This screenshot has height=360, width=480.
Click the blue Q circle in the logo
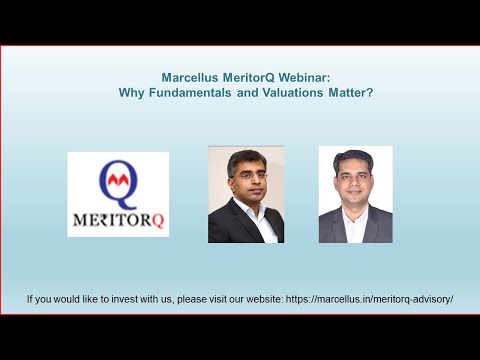click(x=118, y=182)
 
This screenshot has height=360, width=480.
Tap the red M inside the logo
click(x=118, y=180)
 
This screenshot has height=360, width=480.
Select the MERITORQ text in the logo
click(x=118, y=217)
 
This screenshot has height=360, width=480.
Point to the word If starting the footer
click(x=31, y=300)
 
